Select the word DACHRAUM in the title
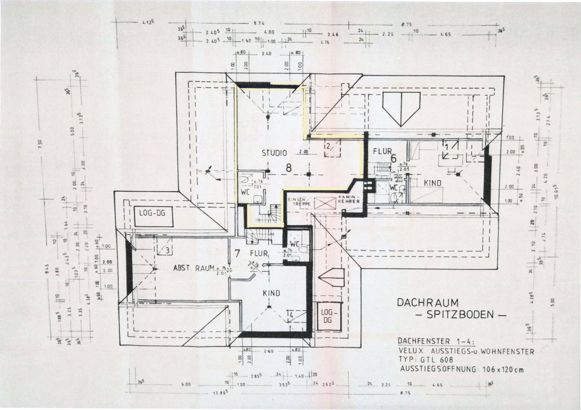[x=428, y=302]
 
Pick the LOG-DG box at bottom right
[x=327, y=316]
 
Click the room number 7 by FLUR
[x=237, y=252]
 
